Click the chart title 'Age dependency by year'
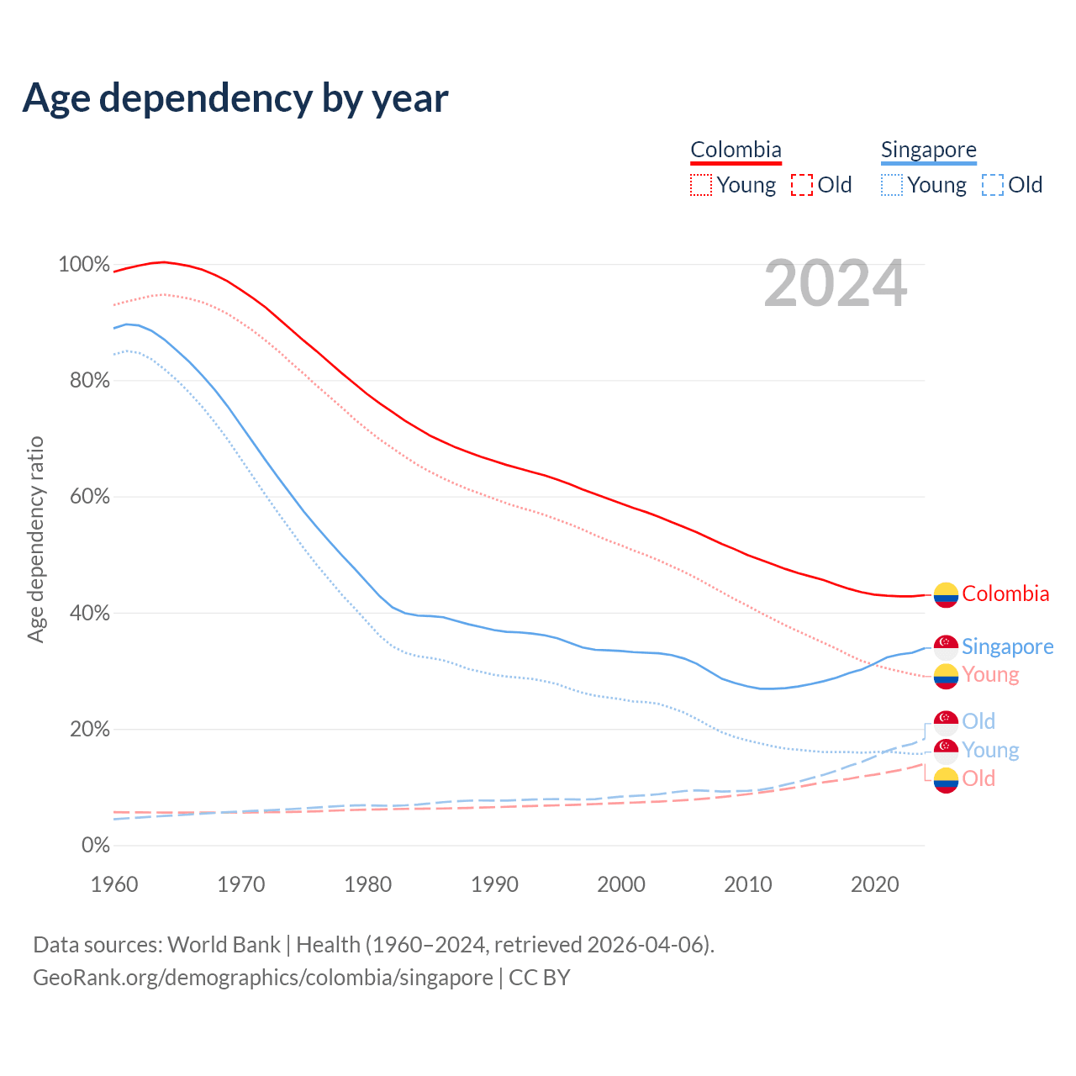[235, 98]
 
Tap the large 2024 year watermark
[835, 284]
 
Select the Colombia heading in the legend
[736, 150]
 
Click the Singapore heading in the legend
[928, 150]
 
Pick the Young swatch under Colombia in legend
[701, 185]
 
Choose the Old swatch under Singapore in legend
[993, 185]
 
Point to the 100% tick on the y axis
[84, 264]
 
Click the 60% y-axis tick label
[89, 496]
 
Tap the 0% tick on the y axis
[96, 845]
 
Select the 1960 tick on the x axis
[114, 884]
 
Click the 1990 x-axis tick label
[494, 884]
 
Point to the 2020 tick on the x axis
[874, 884]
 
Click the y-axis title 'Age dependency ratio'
[35, 539]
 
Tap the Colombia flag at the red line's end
[946, 594]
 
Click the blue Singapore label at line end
[1007, 646]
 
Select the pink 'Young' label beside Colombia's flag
[990, 674]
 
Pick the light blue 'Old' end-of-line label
[978, 721]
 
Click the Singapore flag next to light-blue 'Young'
[946, 751]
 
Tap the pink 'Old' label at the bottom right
[978, 778]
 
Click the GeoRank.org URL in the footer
[262, 978]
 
